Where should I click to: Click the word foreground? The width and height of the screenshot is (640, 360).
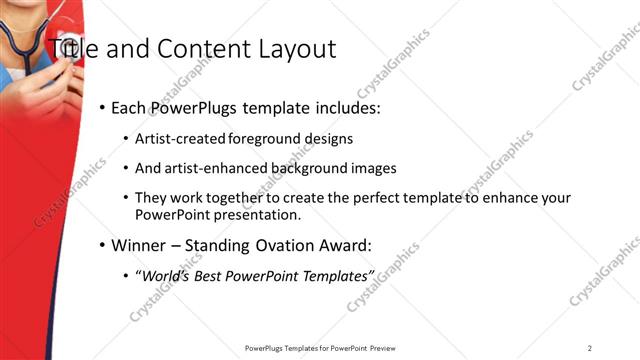pos(263,138)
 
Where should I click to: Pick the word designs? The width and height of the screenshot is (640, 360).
pos(327,138)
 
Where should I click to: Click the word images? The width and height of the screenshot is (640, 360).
pos(375,168)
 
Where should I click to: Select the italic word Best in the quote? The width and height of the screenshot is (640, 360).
pos(209,275)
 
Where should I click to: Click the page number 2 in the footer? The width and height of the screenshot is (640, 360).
pos(590,348)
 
